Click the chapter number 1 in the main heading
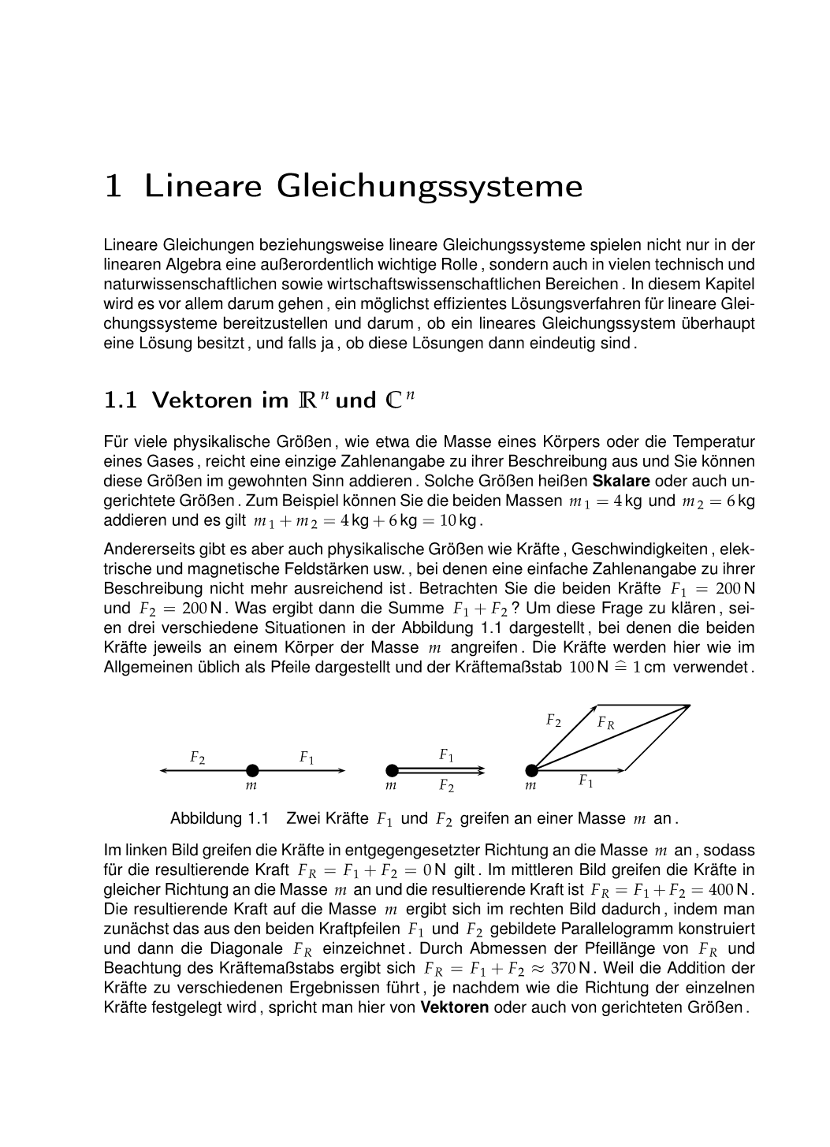[114, 187]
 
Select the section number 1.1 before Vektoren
[120, 400]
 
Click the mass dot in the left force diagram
[252, 770]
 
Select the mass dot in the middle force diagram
[392, 770]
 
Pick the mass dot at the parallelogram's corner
[532, 770]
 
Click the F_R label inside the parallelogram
[605, 722]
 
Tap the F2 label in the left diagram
[197, 758]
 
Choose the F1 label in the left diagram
[307, 758]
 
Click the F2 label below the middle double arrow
[446, 785]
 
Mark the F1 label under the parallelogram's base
[586, 781]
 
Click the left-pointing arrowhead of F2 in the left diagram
[163, 770]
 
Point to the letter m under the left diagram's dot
[251, 786]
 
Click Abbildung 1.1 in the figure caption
[220, 818]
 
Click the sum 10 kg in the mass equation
[458, 520]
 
